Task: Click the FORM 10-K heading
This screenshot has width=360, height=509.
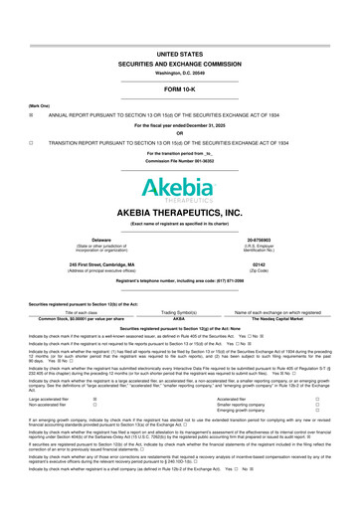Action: pos(179,62)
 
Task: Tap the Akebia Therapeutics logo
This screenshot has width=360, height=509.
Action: pos(179,189)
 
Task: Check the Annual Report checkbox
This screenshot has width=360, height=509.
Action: pos(17,86)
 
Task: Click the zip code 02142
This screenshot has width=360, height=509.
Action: pos(268,264)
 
